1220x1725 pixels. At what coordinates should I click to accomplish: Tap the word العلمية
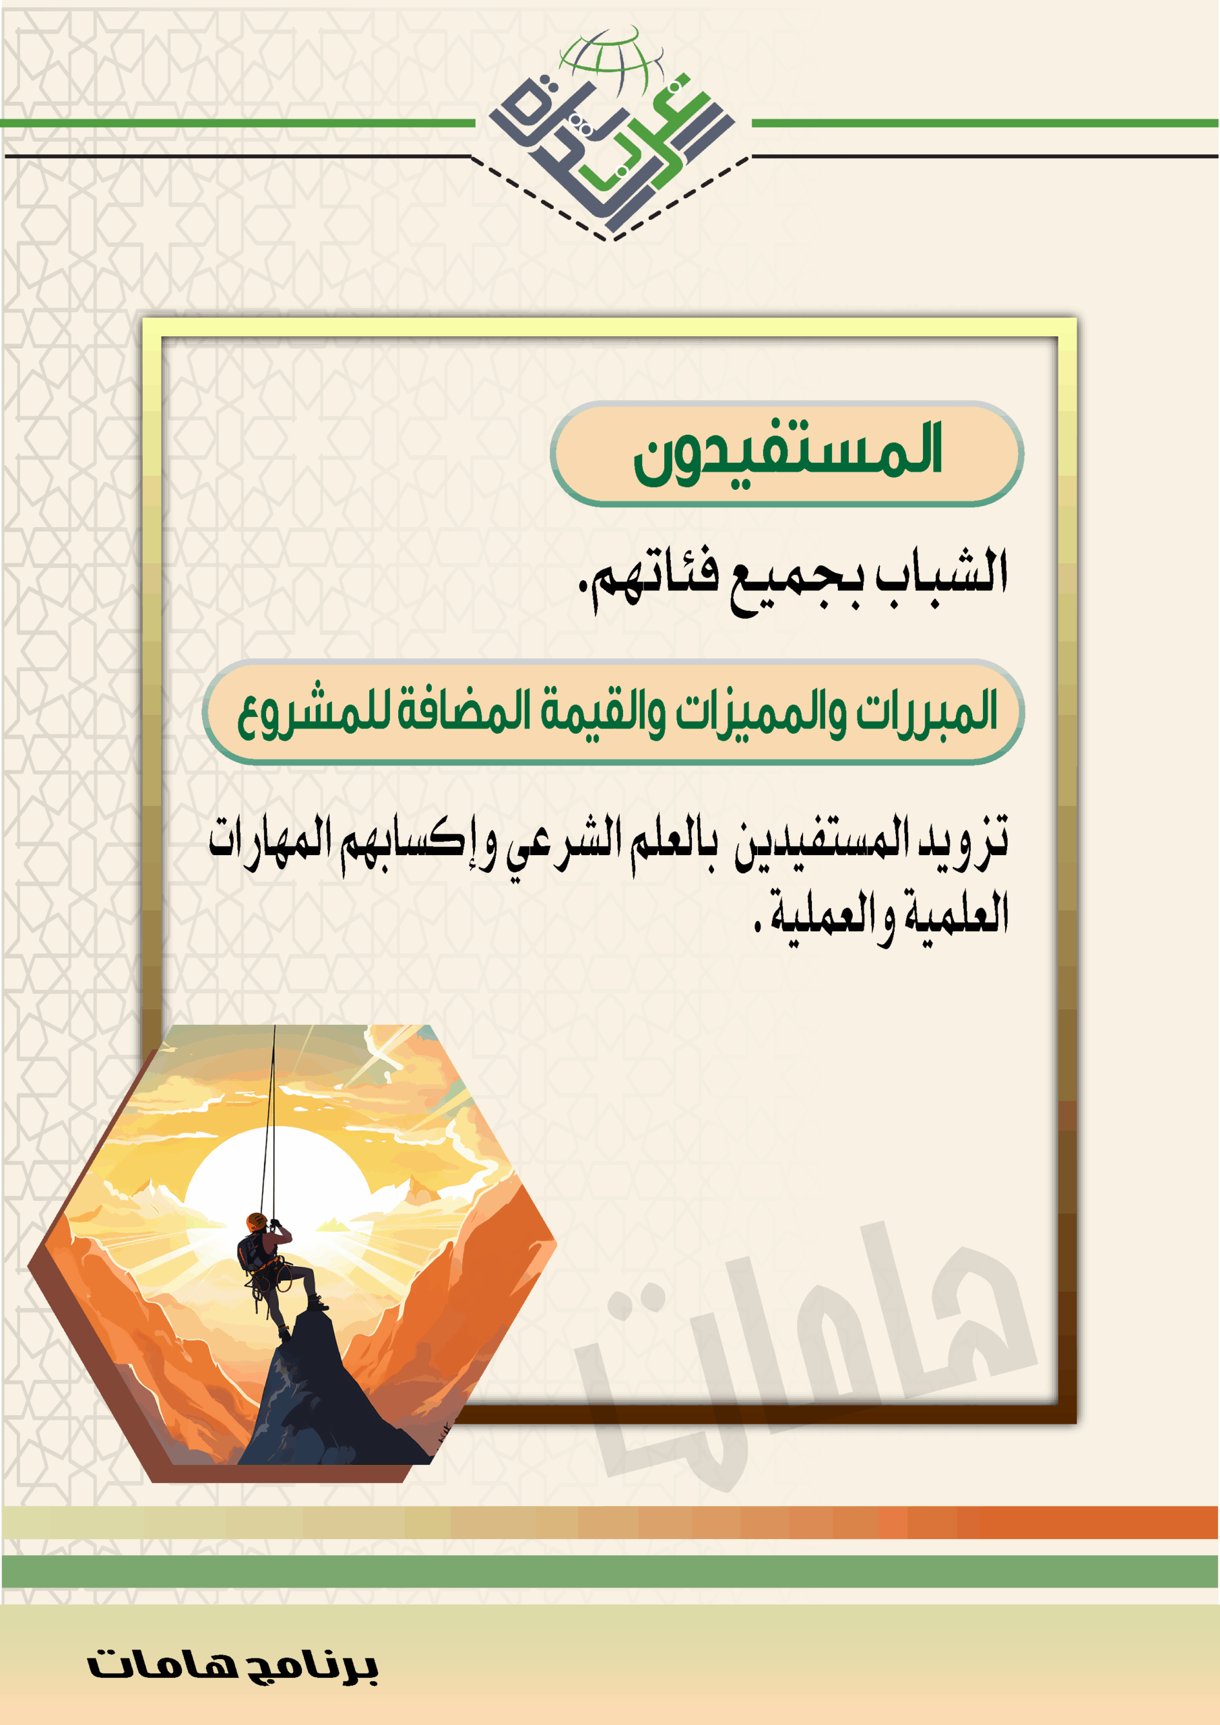coord(955,912)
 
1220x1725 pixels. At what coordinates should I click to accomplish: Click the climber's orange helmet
coord(256,1221)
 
